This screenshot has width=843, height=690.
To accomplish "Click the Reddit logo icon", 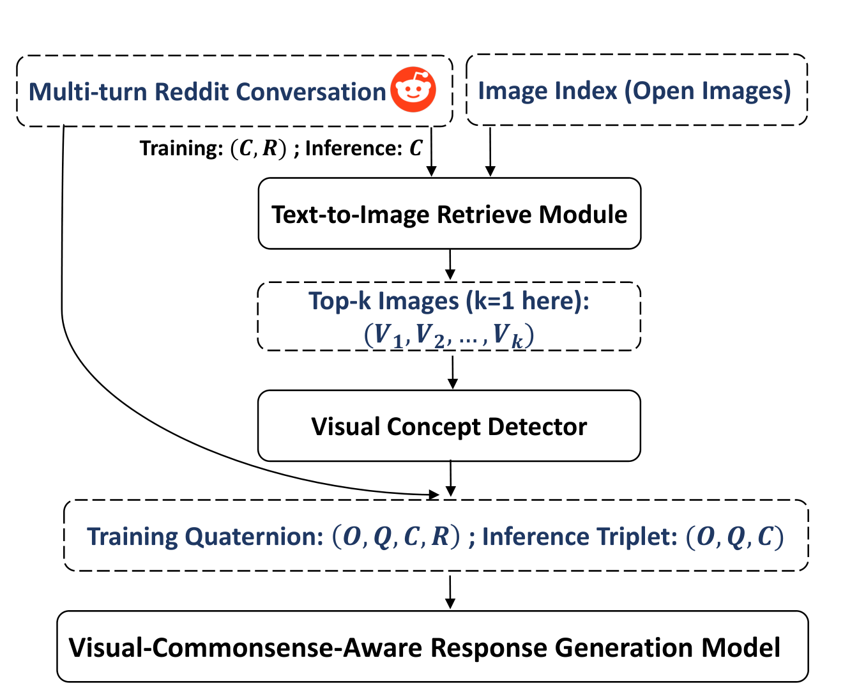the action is coord(413,89).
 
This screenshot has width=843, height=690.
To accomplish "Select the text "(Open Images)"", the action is coord(707,91).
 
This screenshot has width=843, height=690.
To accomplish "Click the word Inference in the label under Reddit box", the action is coord(353,148).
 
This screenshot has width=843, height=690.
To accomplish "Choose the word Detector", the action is coord(537,426).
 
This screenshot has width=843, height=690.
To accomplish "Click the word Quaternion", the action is coord(254,537).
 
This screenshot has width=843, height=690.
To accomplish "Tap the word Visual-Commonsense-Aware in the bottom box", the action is coord(245,647).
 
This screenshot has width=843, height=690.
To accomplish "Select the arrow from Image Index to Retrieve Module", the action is coord(490,151).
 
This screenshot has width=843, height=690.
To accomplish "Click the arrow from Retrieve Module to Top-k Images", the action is coord(450,264).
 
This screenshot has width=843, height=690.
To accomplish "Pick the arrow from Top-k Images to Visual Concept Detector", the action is coord(453,372).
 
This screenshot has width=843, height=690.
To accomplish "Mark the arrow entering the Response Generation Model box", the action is coord(450,592).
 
